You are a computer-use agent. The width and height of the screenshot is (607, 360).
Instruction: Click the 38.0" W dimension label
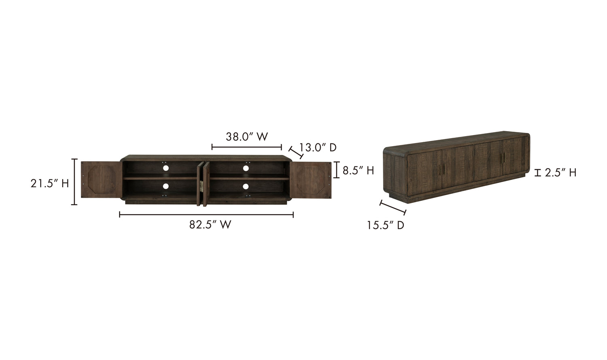pos(247,137)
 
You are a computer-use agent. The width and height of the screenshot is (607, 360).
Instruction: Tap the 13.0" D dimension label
pos(318,147)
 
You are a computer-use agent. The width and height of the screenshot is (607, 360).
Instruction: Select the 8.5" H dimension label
pos(358,170)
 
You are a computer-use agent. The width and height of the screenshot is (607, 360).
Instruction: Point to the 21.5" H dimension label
pos(50,183)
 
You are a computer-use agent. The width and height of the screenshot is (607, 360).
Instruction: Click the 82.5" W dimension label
pos(210,224)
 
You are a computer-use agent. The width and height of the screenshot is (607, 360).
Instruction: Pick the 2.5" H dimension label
pos(560,173)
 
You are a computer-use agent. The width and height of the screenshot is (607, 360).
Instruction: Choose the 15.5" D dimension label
pos(386,225)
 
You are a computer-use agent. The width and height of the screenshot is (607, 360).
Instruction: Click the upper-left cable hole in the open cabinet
pos(166,168)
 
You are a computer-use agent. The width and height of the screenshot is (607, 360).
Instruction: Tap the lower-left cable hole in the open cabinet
pos(166,186)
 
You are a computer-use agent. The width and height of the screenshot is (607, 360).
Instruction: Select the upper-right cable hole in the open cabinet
pos(246,168)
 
